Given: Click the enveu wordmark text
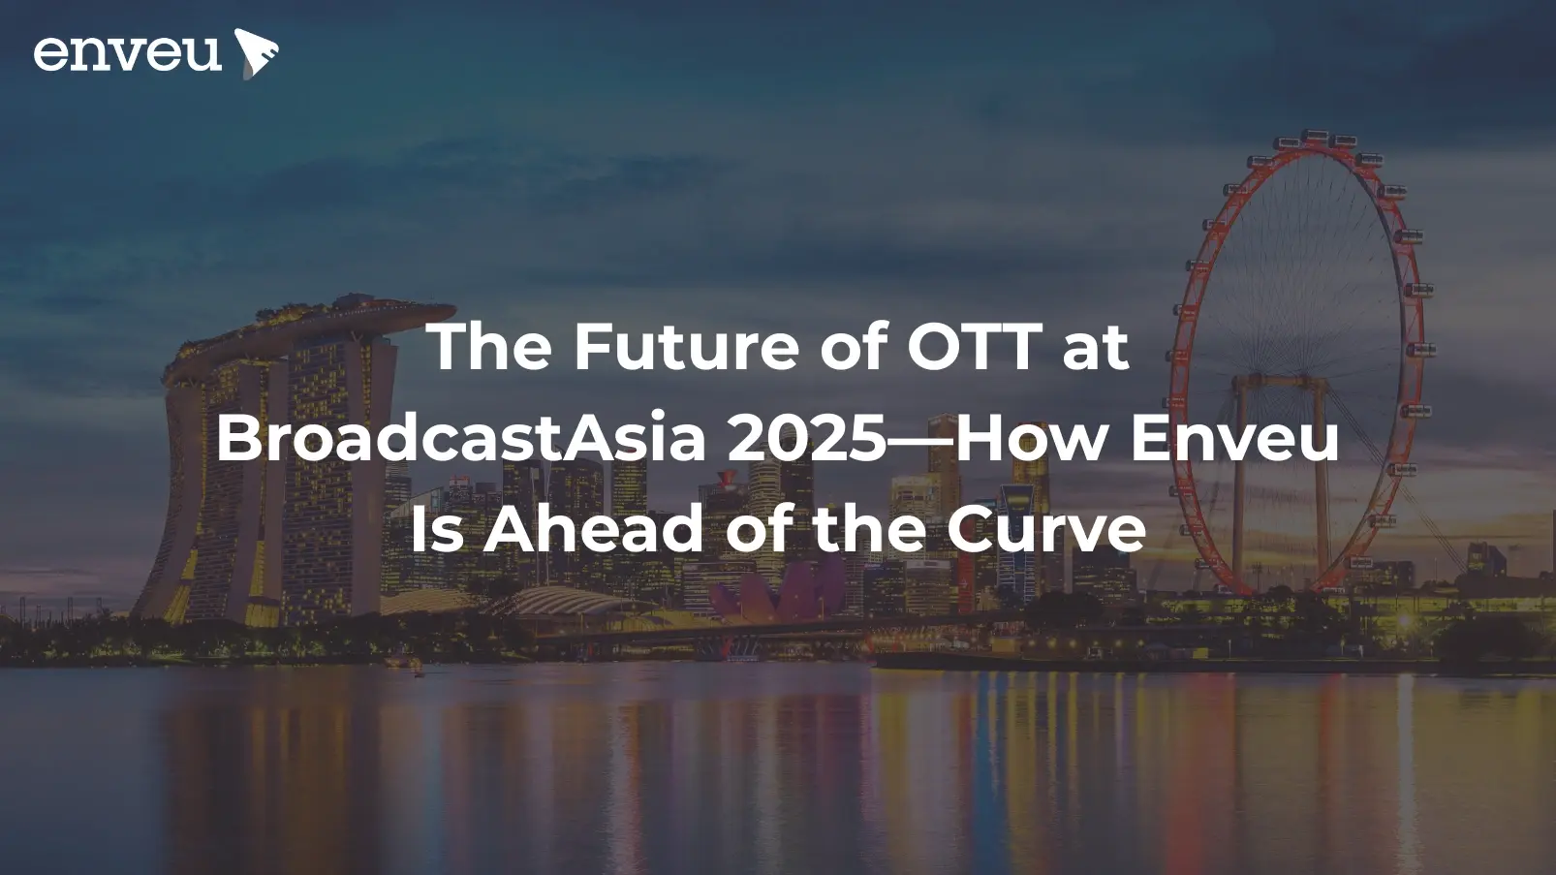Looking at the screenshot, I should pyautogui.click(x=127, y=53).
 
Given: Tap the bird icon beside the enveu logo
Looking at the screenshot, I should pyautogui.click(x=256, y=52).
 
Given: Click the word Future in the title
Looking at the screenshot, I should pyautogui.click(x=686, y=346).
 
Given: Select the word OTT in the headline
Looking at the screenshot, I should pyautogui.click(x=974, y=346).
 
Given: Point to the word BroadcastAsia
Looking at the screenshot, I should pyautogui.click(x=461, y=438).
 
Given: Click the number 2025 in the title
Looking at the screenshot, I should pyautogui.click(x=806, y=438).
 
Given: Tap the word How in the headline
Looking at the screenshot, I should pyautogui.click(x=1032, y=438).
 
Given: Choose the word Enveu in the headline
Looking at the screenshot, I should pyautogui.click(x=1234, y=438).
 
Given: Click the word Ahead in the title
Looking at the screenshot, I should pyautogui.click(x=593, y=530).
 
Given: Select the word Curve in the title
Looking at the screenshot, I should pyautogui.click(x=1046, y=530).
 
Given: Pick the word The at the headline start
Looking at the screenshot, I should pyautogui.click(x=488, y=346).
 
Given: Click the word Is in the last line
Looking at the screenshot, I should pyautogui.click(x=437, y=530).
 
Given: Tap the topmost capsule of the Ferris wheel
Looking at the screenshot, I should pyautogui.click(x=1314, y=136).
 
